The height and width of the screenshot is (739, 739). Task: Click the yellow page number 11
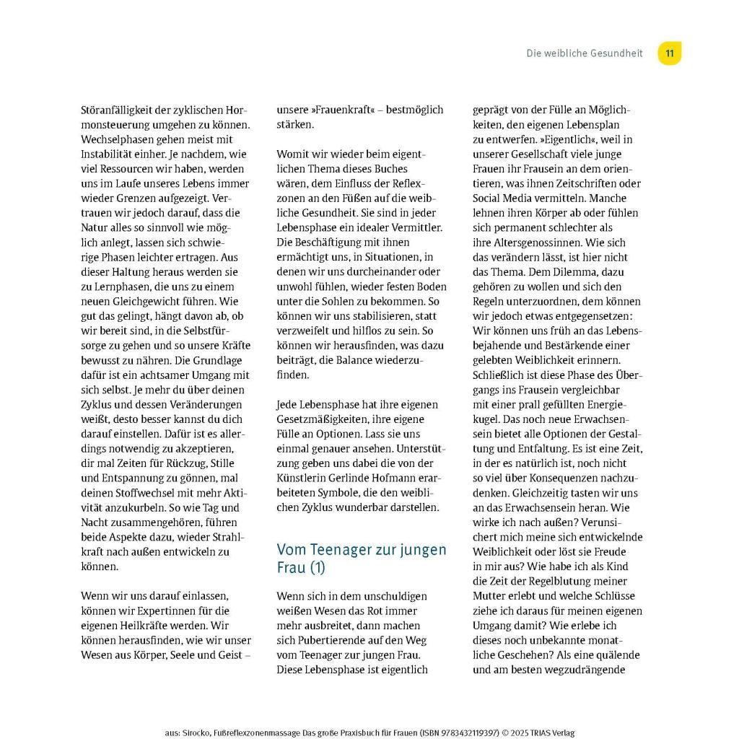(x=670, y=53)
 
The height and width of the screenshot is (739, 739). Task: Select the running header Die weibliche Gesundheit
(x=584, y=53)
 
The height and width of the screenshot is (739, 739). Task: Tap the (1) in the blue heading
(x=318, y=568)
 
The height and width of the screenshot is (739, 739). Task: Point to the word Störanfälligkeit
(x=118, y=110)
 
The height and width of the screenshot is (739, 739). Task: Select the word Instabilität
(x=110, y=154)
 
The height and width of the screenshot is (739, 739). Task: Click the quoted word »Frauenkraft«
(x=342, y=110)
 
